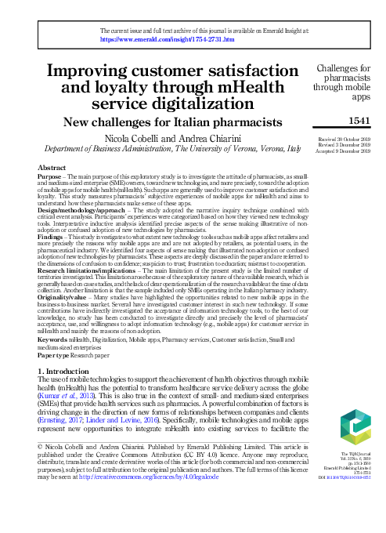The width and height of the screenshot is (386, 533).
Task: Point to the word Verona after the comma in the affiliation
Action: click(262, 148)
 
